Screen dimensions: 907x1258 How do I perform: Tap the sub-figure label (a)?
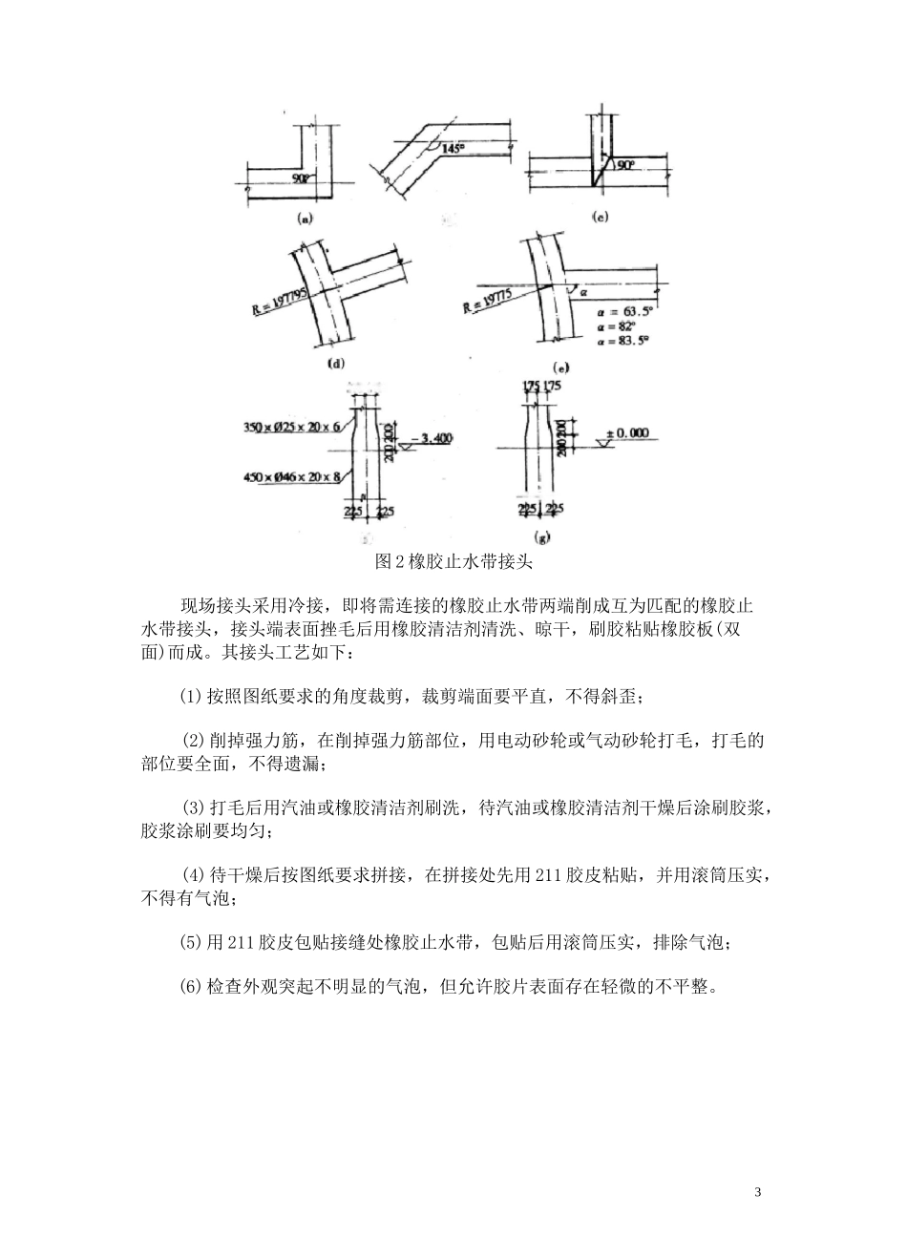(x=306, y=218)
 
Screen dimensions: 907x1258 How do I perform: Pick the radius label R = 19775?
(x=487, y=300)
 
